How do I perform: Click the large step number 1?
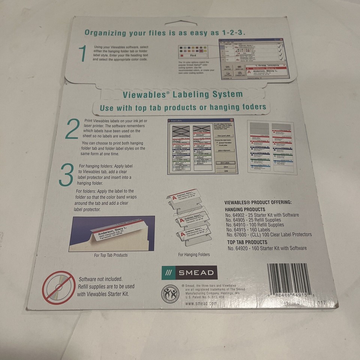click(82, 53)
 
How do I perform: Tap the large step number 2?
click(72, 129)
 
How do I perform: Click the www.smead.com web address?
click(201, 304)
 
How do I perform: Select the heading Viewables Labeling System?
click(183, 94)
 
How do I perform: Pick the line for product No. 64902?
click(262, 215)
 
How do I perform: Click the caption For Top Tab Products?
click(111, 255)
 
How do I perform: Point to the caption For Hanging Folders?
click(194, 255)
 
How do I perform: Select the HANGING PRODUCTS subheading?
click(245, 209)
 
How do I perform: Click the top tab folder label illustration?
click(112, 233)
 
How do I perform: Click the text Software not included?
click(100, 279)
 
